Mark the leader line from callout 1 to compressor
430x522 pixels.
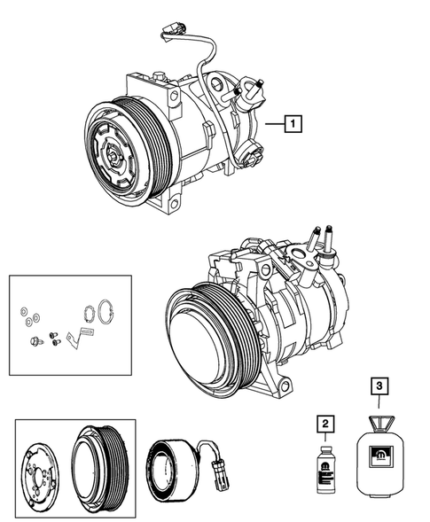273,125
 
